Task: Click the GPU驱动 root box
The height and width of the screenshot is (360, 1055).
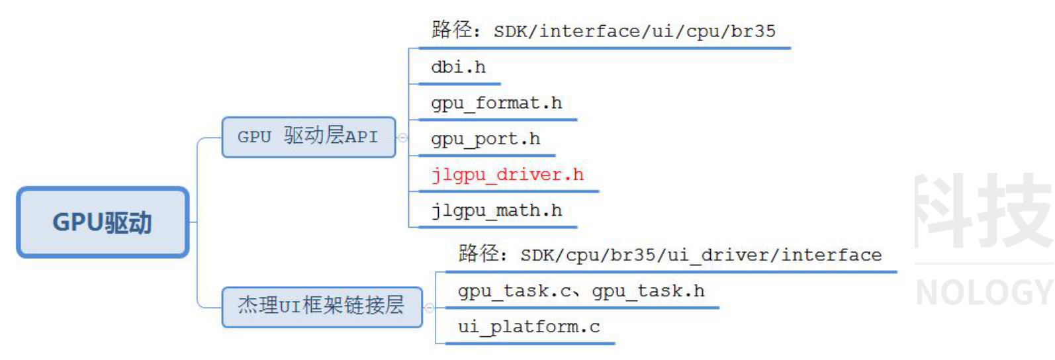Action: [x=103, y=222]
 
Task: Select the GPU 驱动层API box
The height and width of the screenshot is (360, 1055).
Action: [x=308, y=137]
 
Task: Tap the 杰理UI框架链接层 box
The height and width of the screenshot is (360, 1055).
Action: [x=322, y=307]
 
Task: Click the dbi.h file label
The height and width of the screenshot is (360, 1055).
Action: [x=458, y=67]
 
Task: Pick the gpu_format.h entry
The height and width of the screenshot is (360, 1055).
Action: [x=496, y=104]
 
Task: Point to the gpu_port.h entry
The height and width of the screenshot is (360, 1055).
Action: [x=486, y=140]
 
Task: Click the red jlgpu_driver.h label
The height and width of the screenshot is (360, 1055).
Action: [x=507, y=175]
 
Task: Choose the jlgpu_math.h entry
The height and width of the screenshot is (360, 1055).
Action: [x=496, y=211]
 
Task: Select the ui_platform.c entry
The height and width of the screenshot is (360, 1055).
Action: [x=529, y=327]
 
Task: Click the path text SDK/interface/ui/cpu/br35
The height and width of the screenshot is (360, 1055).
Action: [x=635, y=32]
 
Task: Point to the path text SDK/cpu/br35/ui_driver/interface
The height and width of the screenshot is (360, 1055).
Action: [x=701, y=255]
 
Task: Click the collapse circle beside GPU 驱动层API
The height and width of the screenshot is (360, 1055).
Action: [x=402, y=138]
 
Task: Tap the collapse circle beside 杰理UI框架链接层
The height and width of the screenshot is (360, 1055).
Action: [x=429, y=308]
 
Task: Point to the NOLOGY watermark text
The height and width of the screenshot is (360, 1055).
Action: [x=984, y=292]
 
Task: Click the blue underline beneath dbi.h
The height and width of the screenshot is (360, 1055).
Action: [x=459, y=84]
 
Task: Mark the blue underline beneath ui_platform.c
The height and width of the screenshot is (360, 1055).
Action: [x=530, y=343]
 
